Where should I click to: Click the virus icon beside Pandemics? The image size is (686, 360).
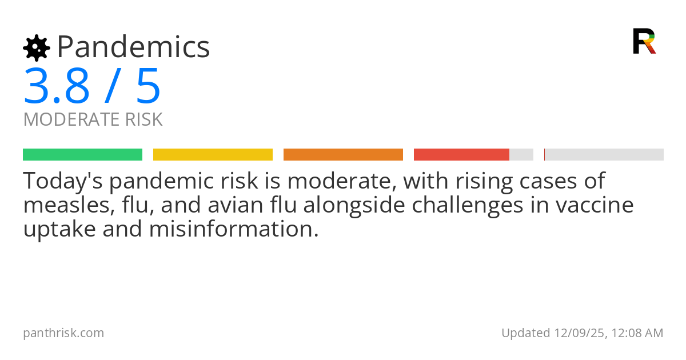pyautogui.click(x=37, y=48)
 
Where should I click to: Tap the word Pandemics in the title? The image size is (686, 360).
pyautogui.click(x=133, y=47)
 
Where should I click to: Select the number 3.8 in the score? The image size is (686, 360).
pyautogui.click(x=57, y=86)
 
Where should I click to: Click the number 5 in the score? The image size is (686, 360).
pyautogui.click(x=148, y=86)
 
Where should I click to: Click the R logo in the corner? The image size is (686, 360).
pyautogui.click(x=644, y=41)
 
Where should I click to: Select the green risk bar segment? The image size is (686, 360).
pyautogui.click(x=82, y=155)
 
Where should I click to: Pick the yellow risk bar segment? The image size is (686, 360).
pyautogui.click(x=213, y=155)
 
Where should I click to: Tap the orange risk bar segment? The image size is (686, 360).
pyautogui.click(x=343, y=155)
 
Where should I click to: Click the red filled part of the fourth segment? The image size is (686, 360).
pyautogui.click(x=461, y=155)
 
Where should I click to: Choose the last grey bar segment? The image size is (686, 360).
pyautogui.click(x=604, y=155)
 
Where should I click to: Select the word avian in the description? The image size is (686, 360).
pyautogui.click(x=247, y=205)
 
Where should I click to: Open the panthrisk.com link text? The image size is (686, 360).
pyautogui.click(x=63, y=333)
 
